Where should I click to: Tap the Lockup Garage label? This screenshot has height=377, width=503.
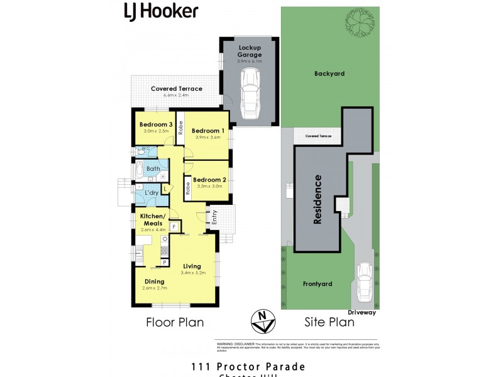(250, 51)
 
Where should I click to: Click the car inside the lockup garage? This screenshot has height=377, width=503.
(250, 92)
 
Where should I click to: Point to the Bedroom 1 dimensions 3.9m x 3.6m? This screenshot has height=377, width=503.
(208, 137)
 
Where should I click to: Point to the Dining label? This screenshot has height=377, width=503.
(154, 281)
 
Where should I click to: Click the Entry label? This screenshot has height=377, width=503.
(214, 217)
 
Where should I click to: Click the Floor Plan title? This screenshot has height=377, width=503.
(175, 322)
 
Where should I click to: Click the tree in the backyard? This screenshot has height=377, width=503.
(358, 25)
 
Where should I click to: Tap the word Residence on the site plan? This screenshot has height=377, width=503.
(318, 199)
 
